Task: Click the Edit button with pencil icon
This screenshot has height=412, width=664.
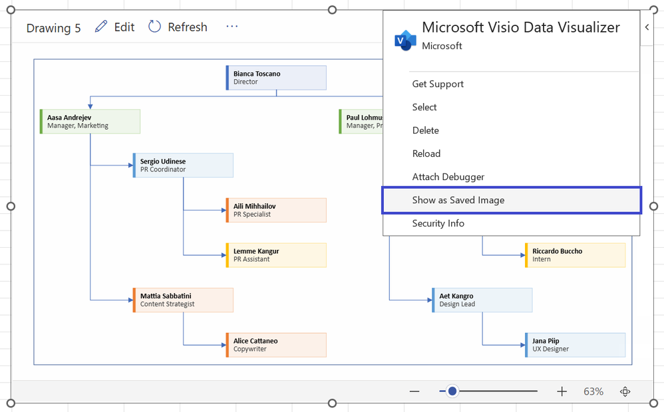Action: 115,27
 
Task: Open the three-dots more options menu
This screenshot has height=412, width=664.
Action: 232,27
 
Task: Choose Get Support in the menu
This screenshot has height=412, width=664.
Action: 438,84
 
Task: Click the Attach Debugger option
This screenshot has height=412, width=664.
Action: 448,177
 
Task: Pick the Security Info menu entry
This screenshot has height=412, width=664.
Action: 438,223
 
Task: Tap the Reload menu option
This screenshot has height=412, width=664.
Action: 426,154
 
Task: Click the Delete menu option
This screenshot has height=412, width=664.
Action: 425,130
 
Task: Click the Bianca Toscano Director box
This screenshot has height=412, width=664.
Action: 276,78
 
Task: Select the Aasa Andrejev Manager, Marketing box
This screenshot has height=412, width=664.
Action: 90,122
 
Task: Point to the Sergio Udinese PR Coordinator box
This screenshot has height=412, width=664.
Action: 183,165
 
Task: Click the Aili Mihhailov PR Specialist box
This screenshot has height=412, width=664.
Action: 276,210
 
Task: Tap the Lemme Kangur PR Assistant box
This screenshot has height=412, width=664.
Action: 276,255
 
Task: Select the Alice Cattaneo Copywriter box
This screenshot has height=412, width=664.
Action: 276,345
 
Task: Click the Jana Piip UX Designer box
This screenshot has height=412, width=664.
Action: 576,345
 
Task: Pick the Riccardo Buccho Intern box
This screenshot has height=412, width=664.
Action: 576,255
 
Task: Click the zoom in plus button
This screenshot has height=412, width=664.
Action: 562,391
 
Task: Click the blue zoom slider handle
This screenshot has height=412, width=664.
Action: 452,391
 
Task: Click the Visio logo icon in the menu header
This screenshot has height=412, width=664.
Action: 405,39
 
